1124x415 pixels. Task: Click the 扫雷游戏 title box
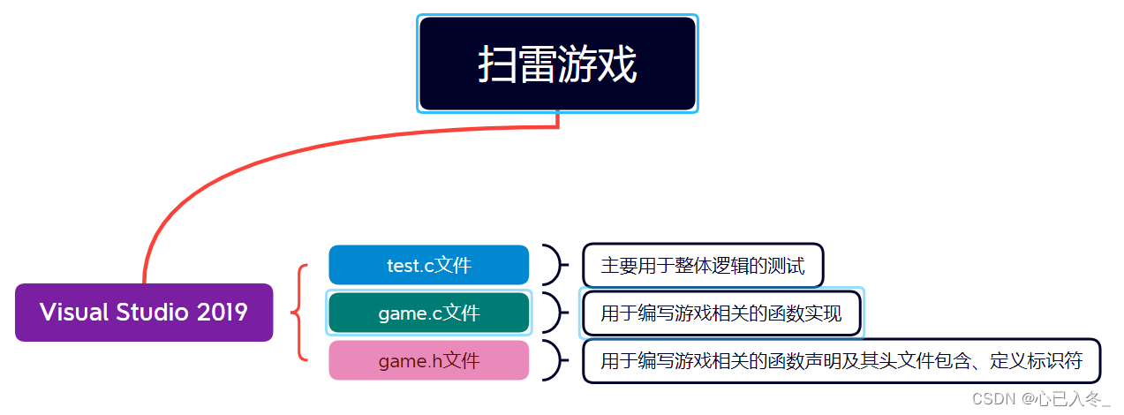coord(557,64)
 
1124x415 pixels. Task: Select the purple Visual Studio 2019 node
coord(144,313)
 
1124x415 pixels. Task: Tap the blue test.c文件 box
coord(429,265)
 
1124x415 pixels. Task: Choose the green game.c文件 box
coord(429,313)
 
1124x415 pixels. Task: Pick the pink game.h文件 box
coord(429,360)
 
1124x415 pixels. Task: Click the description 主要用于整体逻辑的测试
coord(703,265)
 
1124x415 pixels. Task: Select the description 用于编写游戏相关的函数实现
coord(720,313)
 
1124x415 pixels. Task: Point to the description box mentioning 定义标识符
coord(841,361)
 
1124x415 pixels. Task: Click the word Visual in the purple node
coord(73,313)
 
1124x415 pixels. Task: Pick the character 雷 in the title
coord(538,64)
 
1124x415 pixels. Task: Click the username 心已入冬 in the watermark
coord(1071,399)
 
